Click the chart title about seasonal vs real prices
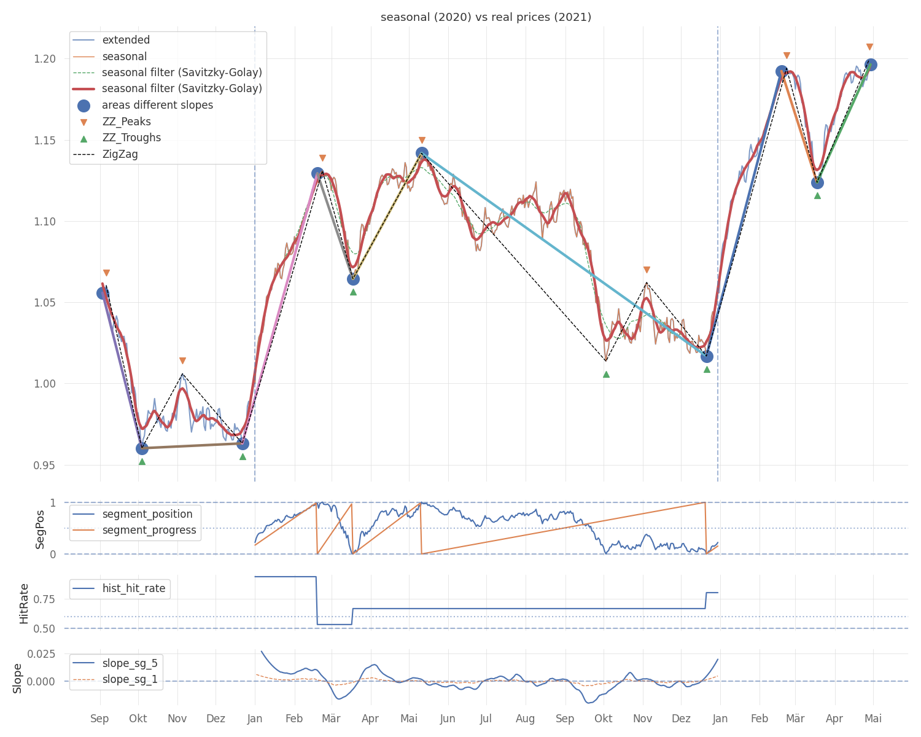(x=486, y=17)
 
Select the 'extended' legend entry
(x=126, y=40)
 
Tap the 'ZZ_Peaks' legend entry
(x=126, y=122)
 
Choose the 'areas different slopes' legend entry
(x=157, y=105)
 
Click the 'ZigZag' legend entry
(x=120, y=154)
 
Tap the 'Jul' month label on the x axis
(x=486, y=719)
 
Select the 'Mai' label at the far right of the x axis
(x=873, y=719)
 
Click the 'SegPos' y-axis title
(x=41, y=529)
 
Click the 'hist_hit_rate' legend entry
(x=134, y=588)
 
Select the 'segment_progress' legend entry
(x=149, y=530)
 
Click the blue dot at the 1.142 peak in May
(x=422, y=153)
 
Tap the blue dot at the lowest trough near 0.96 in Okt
(x=142, y=448)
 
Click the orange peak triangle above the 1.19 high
(x=787, y=56)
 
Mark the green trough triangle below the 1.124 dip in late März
(x=817, y=195)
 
